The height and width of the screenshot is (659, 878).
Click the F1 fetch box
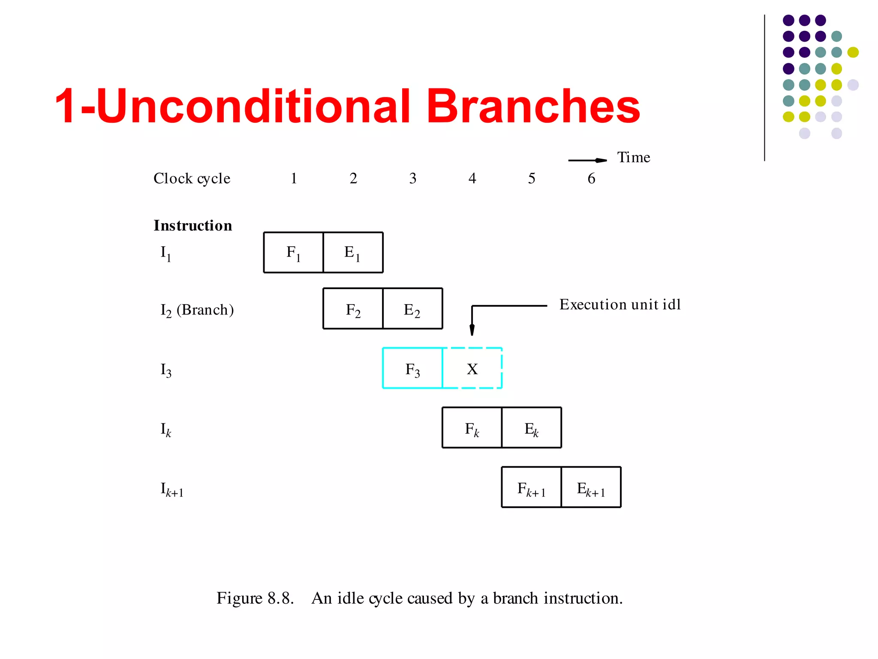tap(293, 252)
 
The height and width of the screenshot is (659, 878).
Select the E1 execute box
tap(353, 252)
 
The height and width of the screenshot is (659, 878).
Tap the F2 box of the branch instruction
tap(353, 308)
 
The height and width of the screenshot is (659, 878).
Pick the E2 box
tap(412, 308)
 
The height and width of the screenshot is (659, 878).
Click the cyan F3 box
tap(412, 368)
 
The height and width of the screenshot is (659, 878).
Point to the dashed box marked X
tap(472, 368)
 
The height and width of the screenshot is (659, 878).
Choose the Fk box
tap(472, 428)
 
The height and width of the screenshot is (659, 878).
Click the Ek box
tap(532, 428)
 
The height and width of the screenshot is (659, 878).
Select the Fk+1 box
tap(532, 487)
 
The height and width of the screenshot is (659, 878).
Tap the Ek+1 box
tap(591, 487)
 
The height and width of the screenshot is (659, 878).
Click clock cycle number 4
tap(472, 178)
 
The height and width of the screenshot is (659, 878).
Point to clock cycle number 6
tap(591, 178)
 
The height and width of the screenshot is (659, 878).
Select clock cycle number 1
tap(294, 178)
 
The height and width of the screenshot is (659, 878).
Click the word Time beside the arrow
tap(633, 157)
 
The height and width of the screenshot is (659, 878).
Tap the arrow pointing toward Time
tap(587, 160)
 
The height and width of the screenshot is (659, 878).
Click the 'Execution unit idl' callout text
tap(620, 305)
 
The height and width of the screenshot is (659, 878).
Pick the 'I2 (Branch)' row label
tap(197, 310)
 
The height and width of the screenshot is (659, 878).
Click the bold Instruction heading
tap(193, 226)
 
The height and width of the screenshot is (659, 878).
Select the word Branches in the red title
tap(533, 106)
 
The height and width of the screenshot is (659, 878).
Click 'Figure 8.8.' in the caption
tap(255, 598)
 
